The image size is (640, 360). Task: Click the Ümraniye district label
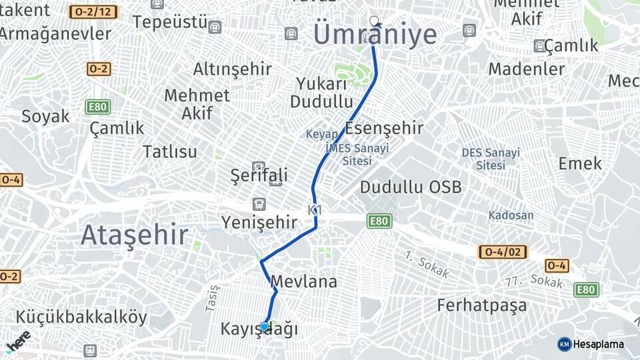375,35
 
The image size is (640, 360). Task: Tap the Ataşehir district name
134,235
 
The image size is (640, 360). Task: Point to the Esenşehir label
385,128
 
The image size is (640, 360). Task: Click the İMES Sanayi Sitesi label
356,154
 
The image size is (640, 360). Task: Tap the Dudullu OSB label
410,187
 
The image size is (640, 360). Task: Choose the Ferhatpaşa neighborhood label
481,305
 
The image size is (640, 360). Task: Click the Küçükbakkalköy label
81,317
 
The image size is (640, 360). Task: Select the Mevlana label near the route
304,282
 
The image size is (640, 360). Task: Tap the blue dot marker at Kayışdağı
264,326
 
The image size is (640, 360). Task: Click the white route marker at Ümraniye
374,21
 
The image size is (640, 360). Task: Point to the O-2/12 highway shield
93,12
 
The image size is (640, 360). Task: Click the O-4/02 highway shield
503,252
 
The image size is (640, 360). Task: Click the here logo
18,341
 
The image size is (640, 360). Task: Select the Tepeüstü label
169,22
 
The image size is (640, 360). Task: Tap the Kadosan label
511,215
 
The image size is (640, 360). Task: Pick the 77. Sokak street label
533,281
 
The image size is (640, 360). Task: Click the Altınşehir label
232,69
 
